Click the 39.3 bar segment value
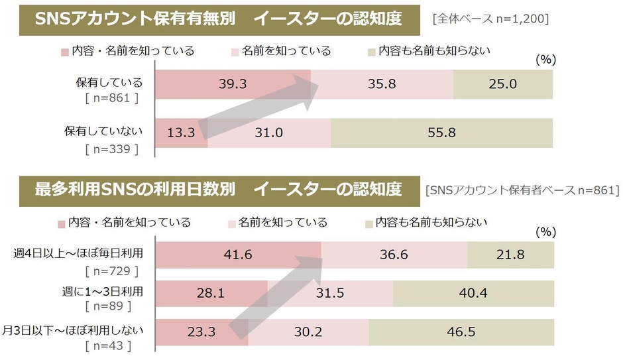(233, 84)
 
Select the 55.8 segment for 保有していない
(441, 133)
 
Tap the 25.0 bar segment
(503, 84)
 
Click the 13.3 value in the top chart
(181, 133)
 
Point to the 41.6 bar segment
(238, 255)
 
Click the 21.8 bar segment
(510, 255)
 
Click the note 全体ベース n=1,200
(490, 19)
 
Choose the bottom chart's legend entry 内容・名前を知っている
(125, 222)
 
